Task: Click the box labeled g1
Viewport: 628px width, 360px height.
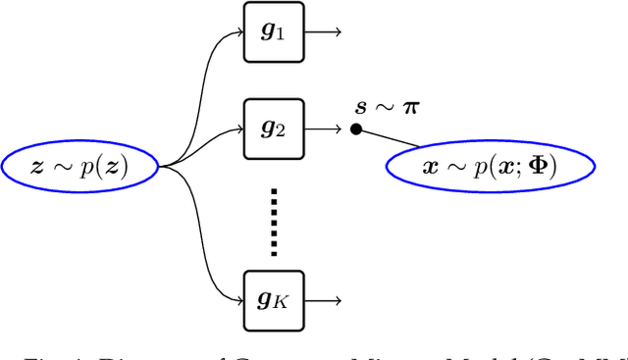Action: pyautogui.click(x=274, y=31)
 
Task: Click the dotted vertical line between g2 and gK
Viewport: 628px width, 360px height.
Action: pyautogui.click(x=274, y=220)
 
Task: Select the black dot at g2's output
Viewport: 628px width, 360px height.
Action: pyautogui.click(x=356, y=129)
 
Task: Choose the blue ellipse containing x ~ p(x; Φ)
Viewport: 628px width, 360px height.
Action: pyautogui.click(x=490, y=167)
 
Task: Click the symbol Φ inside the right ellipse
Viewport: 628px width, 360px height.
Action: pyautogui.click(x=538, y=167)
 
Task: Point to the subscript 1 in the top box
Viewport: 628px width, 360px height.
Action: pyautogui.click(x=281, y=36)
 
